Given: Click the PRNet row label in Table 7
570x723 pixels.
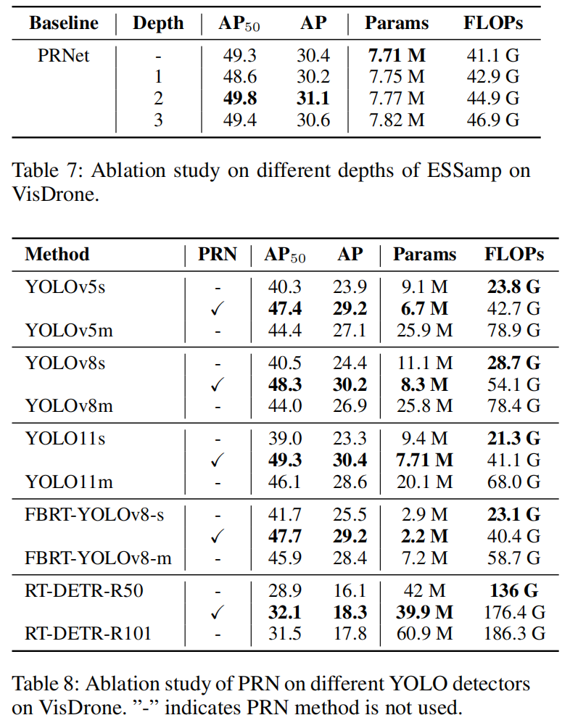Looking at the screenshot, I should coord(64,54).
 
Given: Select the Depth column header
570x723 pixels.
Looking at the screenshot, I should coord(158,23).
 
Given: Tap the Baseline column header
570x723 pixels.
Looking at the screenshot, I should coord(64,23).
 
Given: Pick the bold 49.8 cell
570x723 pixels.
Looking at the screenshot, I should coord(240,98).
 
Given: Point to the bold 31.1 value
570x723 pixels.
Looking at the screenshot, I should coord(313,98).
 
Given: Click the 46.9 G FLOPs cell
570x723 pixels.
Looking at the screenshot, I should coord(492,120).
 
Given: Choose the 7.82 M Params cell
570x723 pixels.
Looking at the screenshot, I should coord(396,120).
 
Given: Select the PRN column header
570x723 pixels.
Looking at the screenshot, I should coord(218,255).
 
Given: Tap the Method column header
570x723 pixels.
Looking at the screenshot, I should coord(57,255).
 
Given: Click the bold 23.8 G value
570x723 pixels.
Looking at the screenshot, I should coord(513,286).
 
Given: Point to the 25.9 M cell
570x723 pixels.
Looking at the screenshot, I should coord(424,330).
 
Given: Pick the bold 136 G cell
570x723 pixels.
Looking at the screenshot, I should coord(513,591).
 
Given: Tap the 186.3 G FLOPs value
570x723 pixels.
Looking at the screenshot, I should coord(513,634).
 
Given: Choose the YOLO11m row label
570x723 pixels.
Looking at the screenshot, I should coord(69,481).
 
